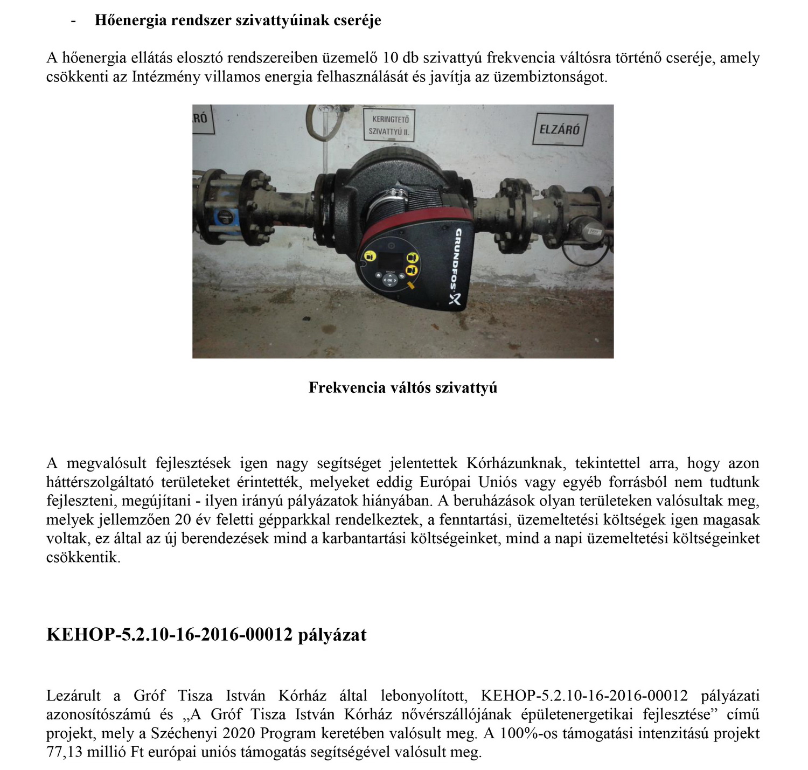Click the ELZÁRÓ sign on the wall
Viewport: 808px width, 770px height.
[560, 129]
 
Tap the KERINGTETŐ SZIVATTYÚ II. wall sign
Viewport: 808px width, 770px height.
[391, 125]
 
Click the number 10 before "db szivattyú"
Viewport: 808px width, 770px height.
[390, 58]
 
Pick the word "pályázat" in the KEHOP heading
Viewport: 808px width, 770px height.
[332, 634]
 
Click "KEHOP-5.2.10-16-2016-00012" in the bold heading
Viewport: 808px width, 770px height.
[169, 634]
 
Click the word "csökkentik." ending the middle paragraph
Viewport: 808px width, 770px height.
[83, 557]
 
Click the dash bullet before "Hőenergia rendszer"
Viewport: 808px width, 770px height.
[73, 21]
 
